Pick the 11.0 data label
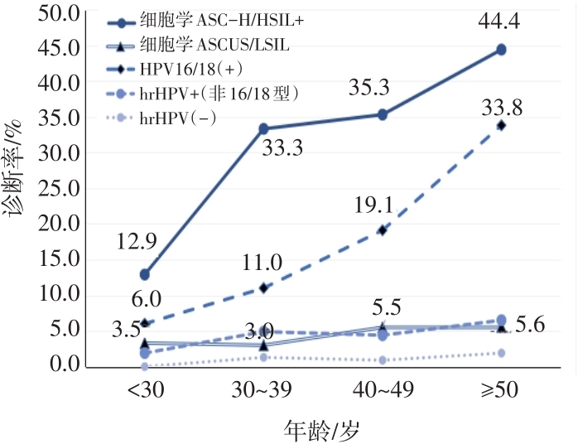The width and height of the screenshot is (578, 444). pos(263,263)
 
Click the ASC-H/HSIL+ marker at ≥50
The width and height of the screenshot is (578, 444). pos(501,50)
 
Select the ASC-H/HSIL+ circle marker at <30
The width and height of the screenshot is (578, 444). pos(145,274)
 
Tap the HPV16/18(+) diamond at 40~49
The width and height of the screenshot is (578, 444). pos(382,229)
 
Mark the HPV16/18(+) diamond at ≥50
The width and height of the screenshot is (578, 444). pos(501,125)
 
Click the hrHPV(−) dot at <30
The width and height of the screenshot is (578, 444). pos(145,365)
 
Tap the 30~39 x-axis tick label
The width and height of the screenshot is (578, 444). pos(263,390)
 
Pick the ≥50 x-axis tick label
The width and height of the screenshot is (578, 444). pos(501,390)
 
